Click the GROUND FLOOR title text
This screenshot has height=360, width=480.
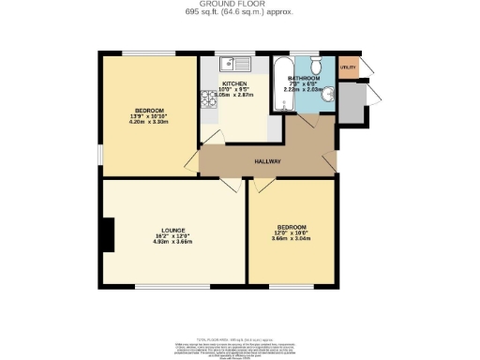[239, 5]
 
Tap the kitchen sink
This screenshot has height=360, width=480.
[231, 65]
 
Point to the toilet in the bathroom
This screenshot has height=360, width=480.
[319, 65]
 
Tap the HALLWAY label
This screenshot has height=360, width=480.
[268, 161]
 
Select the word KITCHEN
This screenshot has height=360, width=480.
[233, 83]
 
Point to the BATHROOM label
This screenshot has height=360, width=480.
[305, 78]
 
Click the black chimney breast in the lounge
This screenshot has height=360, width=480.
[109, 233]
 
